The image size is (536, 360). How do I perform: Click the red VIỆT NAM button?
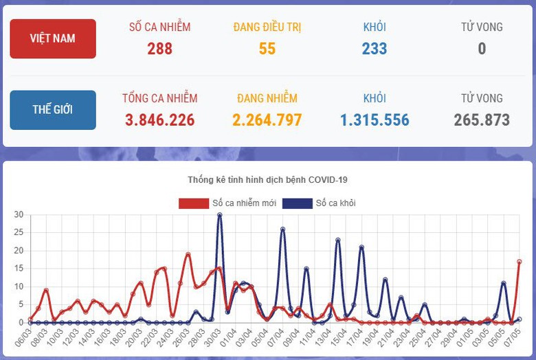point(53,38)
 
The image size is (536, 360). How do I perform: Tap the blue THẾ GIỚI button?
point(53,110)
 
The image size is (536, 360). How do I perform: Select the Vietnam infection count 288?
point(159,49)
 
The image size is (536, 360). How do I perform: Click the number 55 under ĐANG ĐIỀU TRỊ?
point(267,49)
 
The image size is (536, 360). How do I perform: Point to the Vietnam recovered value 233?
point(375,49)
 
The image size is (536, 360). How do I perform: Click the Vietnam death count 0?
point(482,49)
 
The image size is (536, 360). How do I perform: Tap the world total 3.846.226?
point(159,120)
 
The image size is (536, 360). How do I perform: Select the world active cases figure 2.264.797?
point(267,120)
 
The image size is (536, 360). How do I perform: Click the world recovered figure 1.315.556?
point(375,120)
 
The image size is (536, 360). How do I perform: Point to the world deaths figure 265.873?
point(482,120)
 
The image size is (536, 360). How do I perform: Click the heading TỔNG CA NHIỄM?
point(159,98)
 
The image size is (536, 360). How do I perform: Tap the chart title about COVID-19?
point(267,180)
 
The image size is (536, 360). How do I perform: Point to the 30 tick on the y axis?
point(19,214)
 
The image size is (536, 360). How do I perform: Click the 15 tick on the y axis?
point(19,268)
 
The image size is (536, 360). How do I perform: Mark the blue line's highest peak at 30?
point(220,215)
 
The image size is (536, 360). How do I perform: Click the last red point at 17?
point(520,261)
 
